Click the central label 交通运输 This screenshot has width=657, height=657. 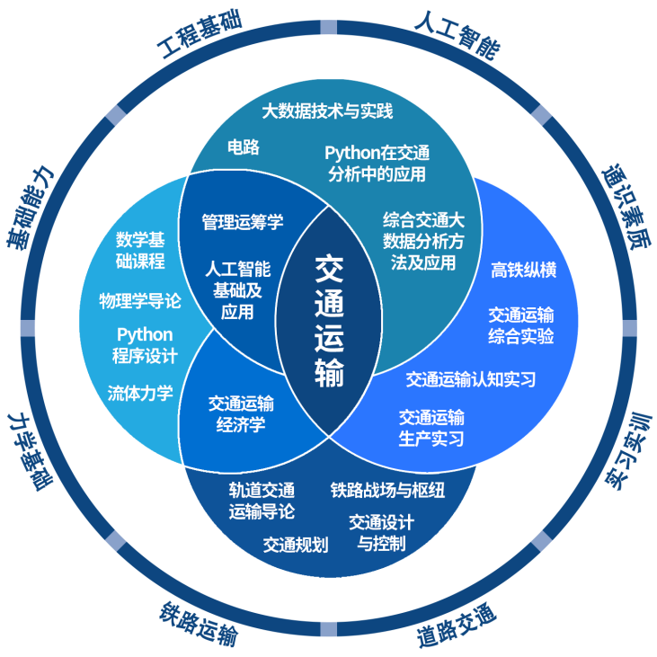[x=329, y=321]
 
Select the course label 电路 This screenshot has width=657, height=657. [x=243, y=146]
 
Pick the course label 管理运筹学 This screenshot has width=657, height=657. [x=243, y=221]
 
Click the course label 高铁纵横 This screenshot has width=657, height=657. [x=523, y=270]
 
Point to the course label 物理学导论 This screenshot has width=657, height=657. [x=140, y=300]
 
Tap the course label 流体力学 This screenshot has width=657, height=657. [x=140, y=393]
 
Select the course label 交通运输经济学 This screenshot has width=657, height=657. [x=241, y=414]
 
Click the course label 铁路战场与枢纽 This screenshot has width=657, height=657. [x=387, y=490]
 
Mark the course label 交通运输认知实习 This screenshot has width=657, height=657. [x=470, y=379]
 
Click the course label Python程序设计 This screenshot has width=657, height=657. [x=145, y=345]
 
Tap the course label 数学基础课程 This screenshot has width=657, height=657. [x=140, y=251]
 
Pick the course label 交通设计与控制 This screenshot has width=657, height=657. [x=381, y=532]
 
